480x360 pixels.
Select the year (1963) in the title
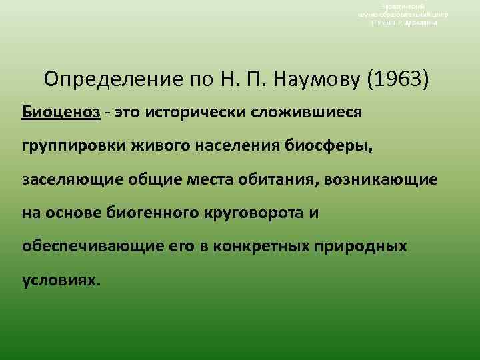pos(399,80)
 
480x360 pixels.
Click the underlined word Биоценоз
pos(61,111)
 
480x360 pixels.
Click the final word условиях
pos(61,280)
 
